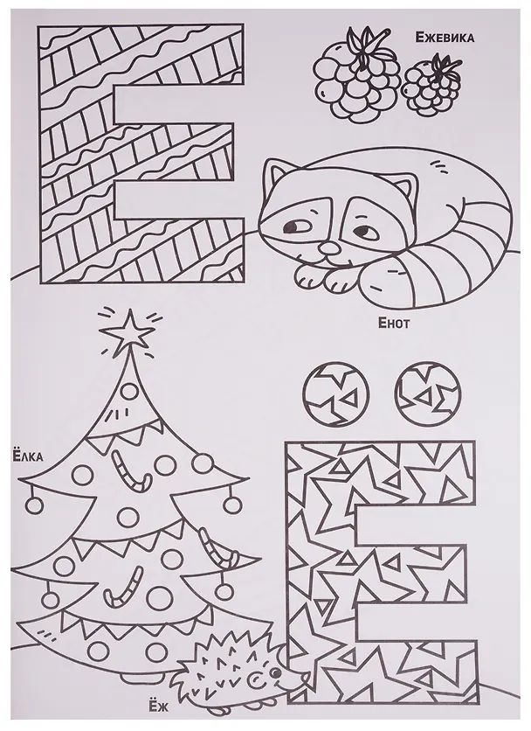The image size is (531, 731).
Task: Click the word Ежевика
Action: pos(445,38)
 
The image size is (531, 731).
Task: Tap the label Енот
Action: pos(394,323)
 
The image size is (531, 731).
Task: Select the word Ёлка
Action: pos(26,456)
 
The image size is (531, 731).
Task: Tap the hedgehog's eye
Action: pos(276,673)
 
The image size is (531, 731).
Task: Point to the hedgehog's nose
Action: pos(306,673)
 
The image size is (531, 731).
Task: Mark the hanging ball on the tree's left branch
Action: pos(33,505)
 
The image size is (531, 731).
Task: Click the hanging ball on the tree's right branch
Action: pos(231,505)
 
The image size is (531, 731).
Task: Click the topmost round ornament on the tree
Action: pos(130,389)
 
